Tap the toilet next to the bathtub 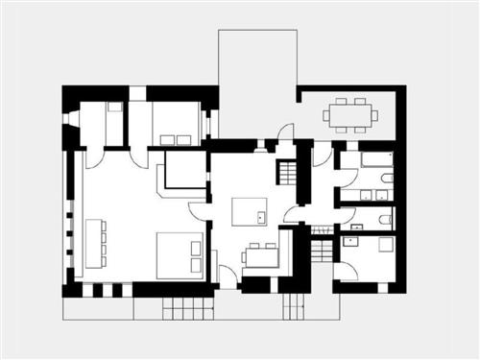coord(386,178)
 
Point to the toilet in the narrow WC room coord(385,220)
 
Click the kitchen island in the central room coord(251,211)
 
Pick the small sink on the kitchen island coord(261,218)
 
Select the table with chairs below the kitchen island coord(260,256)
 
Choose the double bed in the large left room coord(180,254)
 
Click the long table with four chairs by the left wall coord(95,243)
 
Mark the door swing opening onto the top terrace coord(285,132)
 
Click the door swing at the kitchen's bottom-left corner coord(228,276)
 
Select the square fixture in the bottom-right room coord(386,244)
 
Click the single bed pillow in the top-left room coord(114,108)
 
